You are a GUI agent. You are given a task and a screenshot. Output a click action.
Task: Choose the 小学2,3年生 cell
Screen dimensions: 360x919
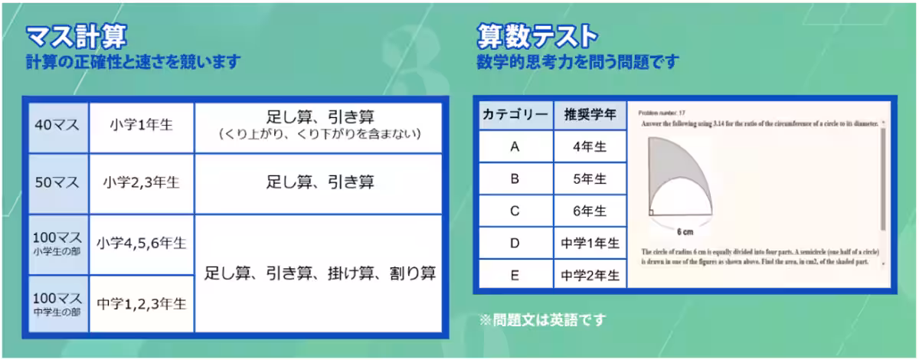click(x=142, y=183)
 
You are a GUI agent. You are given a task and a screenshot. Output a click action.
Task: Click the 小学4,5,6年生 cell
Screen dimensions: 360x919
click(x=142, y=244)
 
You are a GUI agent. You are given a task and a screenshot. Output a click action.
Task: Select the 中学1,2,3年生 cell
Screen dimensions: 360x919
click(x=142, y=303)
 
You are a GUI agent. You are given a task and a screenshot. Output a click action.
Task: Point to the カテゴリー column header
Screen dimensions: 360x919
click(x=515, y=115)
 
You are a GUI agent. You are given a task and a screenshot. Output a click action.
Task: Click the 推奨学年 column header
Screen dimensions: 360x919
click(x=590, y=115)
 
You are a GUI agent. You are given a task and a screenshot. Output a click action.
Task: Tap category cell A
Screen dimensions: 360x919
click(x=515, y=147)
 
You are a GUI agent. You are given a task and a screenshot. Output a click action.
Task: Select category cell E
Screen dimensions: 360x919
click(x=515, y=275)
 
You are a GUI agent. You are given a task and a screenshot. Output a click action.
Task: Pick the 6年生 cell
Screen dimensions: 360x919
click(x=590, y=211)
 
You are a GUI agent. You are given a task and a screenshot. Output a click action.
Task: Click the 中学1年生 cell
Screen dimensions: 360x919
click(x=590, y=243)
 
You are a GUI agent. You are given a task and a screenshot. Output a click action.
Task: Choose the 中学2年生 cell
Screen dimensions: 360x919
click(x=590, y=275)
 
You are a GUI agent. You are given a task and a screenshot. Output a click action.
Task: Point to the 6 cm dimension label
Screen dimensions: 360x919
click(x=685, y=231)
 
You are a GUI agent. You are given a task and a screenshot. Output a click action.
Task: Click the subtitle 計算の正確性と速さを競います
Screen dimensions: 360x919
click(x=132, y=62)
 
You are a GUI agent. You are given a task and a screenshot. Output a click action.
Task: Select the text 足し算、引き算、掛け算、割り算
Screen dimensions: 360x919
click(x=320, y=273)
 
